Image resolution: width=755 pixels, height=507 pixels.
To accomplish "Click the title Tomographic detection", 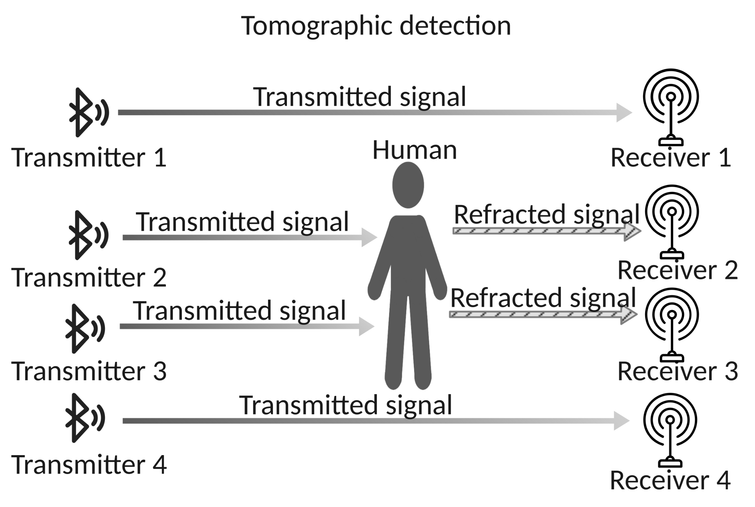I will click(376, 26).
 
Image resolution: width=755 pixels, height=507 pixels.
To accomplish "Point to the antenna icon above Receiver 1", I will click(671, 106).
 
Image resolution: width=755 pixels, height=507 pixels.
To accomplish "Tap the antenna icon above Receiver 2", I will click(672, 221).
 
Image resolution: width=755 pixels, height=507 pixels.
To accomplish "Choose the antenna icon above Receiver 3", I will click(672, 324).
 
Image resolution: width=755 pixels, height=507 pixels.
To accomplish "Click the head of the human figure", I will click(408, 185).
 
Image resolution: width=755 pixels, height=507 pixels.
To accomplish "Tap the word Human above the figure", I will click(414, 150).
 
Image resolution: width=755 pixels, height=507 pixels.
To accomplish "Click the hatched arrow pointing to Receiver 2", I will click(546, 231).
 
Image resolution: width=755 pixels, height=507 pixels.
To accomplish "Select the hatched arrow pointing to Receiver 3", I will click(543, 314).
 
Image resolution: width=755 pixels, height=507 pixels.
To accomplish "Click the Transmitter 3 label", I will click(89, 371).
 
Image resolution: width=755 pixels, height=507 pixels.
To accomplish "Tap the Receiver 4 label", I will click(670, 480).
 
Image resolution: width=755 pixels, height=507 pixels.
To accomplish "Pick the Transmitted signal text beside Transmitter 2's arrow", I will click(242, 222).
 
